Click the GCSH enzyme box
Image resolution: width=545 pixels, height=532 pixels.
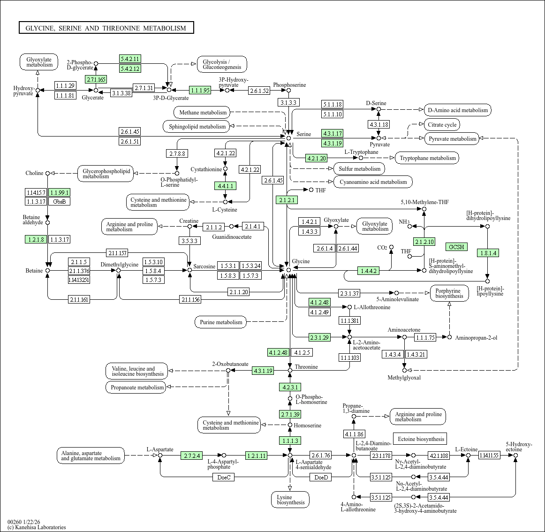tap(456, 247)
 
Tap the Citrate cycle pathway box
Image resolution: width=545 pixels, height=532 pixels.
tap(442, 125)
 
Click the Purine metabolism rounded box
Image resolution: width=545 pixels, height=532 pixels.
tap(221, 322)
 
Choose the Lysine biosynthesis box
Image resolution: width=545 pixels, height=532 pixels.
tap(290, 500)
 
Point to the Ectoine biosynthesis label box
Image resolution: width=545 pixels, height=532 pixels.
tap(420, 439)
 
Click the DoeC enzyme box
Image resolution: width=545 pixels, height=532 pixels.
tap(224, 478)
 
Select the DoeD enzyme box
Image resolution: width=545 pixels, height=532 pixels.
tap(321, 478)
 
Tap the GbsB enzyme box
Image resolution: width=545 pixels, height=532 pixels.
tap(60, 202)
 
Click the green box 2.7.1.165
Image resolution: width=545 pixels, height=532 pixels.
tap(96, 79)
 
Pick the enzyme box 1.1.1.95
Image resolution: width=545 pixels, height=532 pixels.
tap(200, 90)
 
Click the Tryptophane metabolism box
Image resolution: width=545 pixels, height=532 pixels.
tap(427, 158)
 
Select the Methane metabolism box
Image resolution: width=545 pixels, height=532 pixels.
tap(203, 113)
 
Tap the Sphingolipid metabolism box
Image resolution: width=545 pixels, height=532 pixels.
tap(197, 127)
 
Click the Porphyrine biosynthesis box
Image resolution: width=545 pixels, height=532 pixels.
tap(449, 293)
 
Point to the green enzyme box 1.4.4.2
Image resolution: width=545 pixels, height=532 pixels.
tap(368, 271)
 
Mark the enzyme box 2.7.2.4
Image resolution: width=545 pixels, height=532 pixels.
tap(191, 456)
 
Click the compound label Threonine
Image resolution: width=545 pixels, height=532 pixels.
tap(306, 367)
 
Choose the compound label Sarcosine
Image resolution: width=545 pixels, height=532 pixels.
tap(204, 266)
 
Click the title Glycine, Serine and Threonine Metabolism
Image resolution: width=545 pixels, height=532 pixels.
tap(106, 28)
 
